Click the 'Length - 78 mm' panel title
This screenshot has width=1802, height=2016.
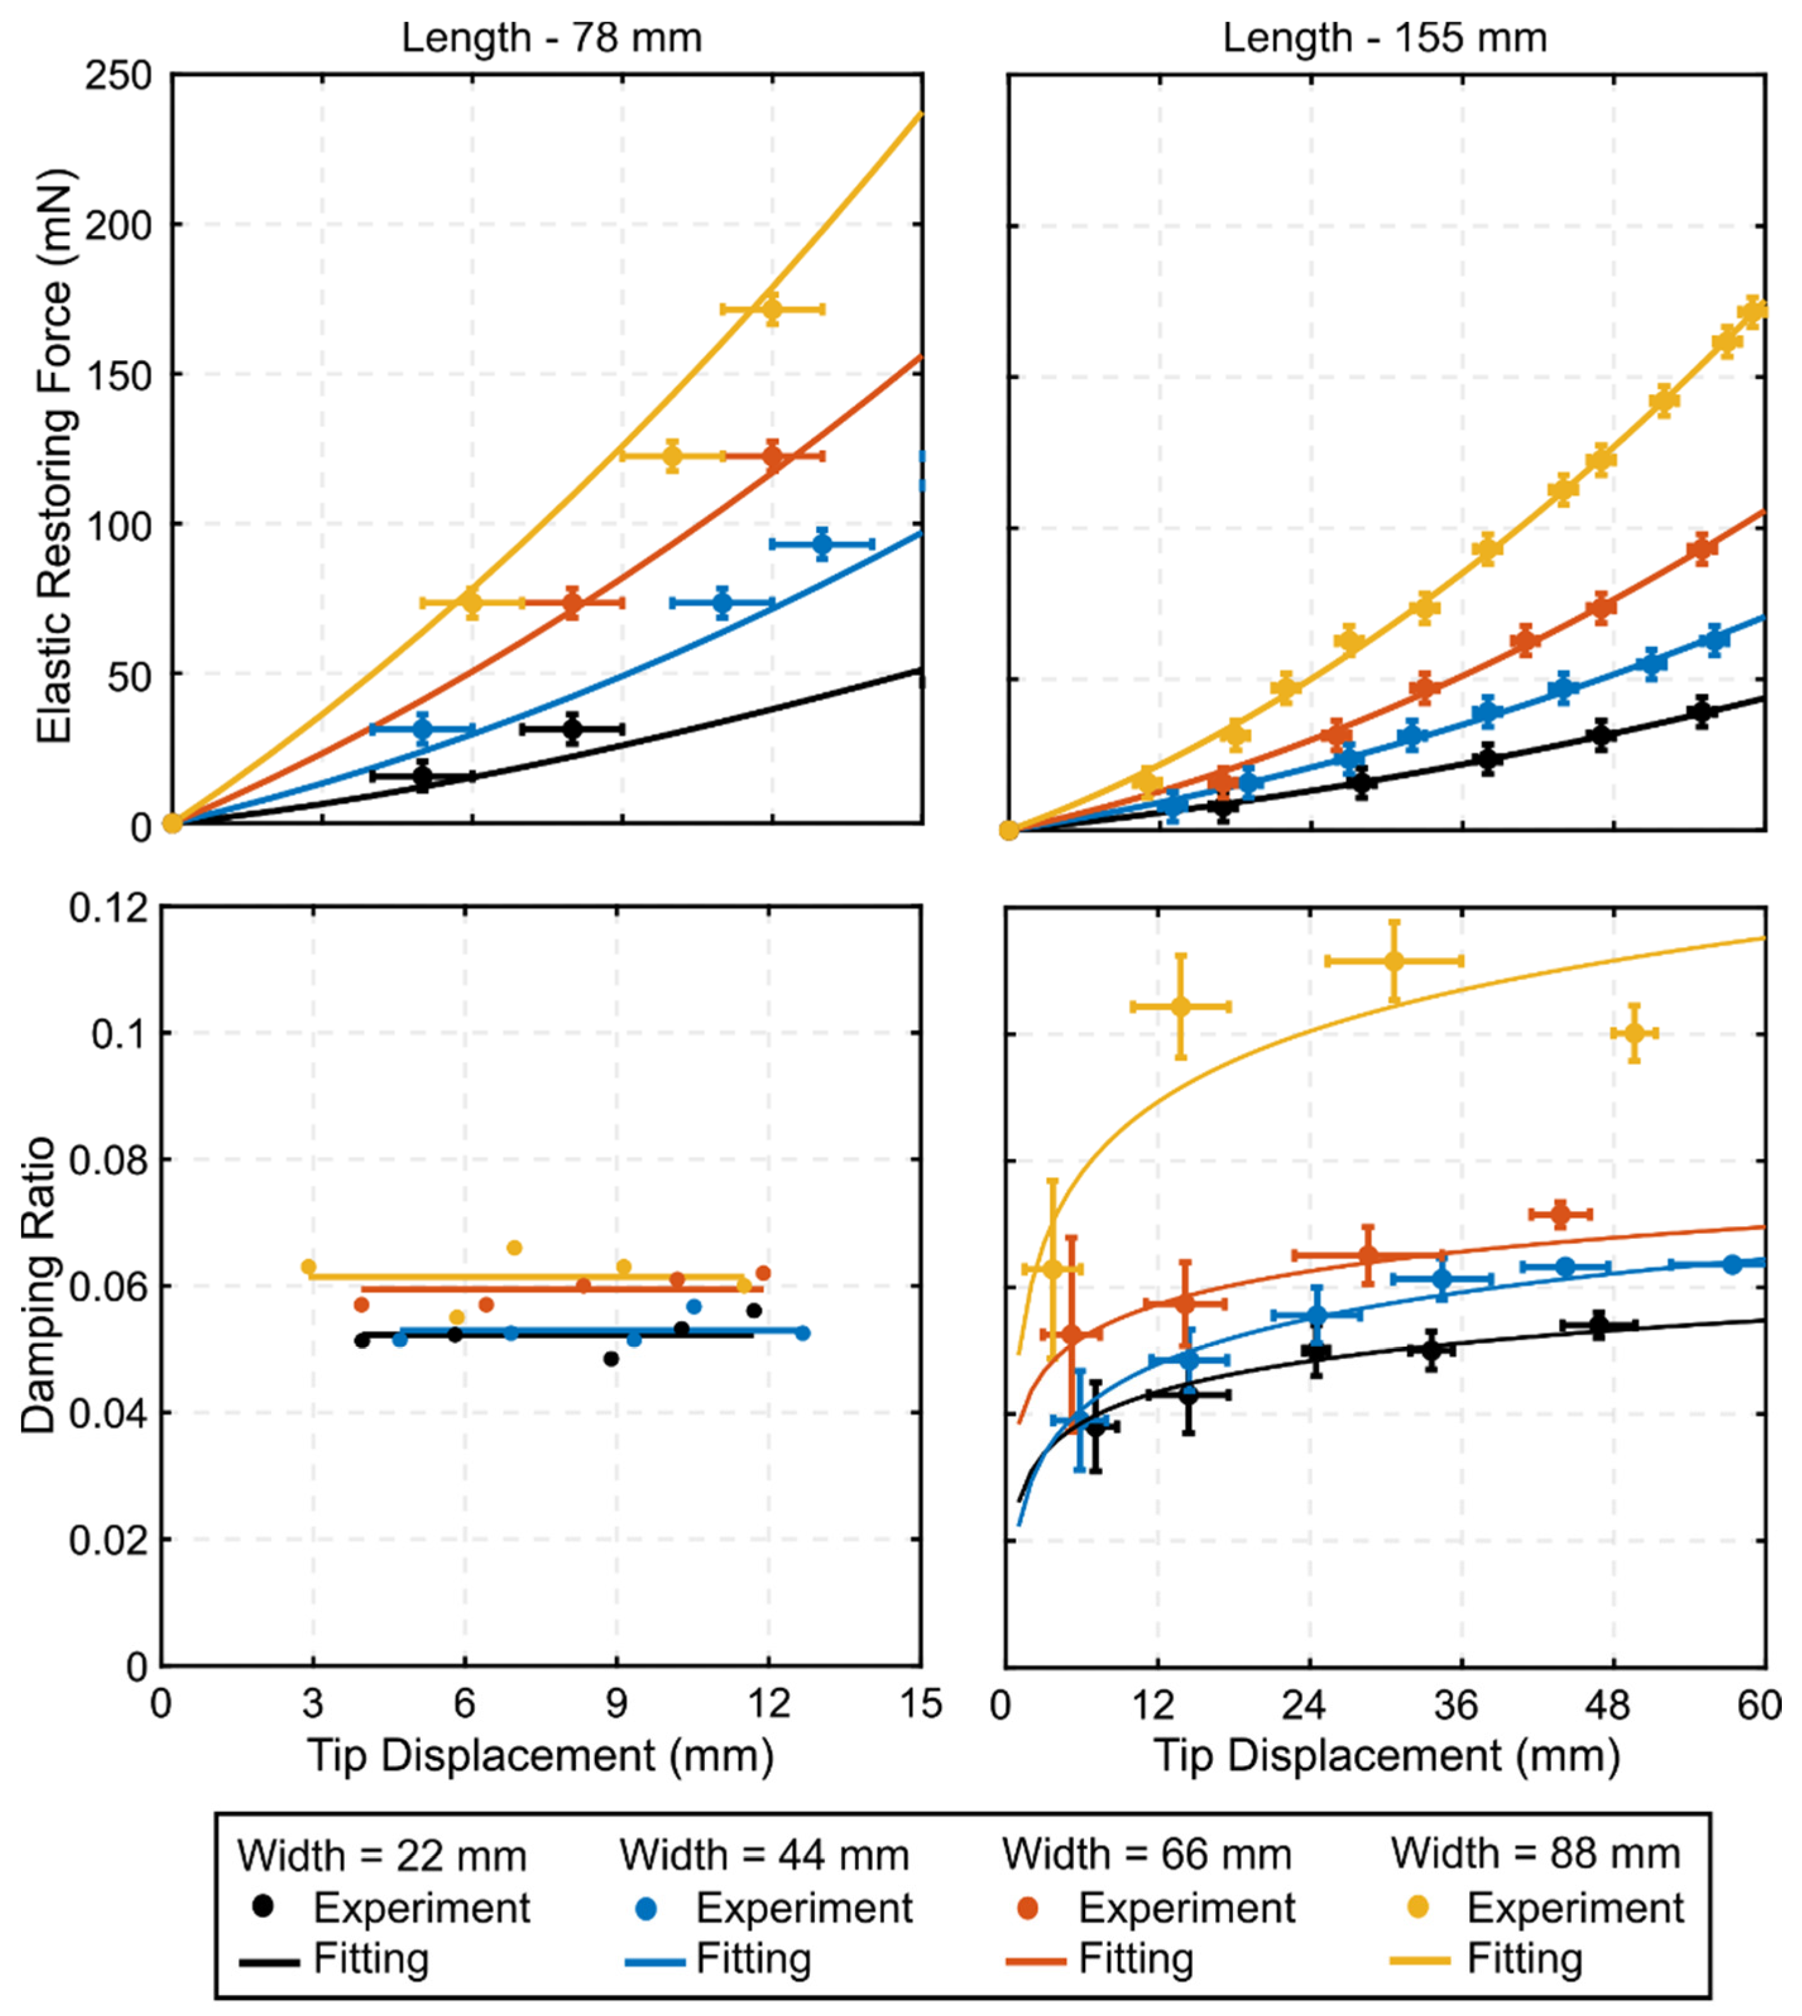tap(551, 39)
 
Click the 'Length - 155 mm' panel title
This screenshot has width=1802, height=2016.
tap(1384, 39)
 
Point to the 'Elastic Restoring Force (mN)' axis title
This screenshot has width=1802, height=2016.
tap(54, 456)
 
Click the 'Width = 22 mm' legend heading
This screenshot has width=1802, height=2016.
tap(381, 1857)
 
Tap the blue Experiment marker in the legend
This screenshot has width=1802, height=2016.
tap(647, 1908)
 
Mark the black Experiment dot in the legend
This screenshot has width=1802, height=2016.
tap(263, 1908)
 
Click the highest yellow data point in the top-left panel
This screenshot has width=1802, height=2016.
tap(771, 309)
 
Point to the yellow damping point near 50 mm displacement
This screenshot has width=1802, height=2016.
tap(1634, 1034)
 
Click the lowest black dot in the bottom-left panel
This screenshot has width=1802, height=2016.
tap(611, 1358)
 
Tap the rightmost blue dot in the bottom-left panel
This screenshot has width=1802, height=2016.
tap(802, 1333)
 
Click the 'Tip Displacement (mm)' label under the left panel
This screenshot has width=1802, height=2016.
tap(541, 1756)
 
